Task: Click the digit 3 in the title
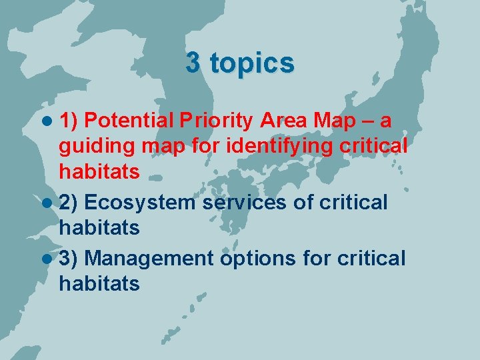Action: click(x=193, y=63)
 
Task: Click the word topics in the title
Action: click(x=251, y=64)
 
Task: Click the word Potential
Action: click(x=129, y=121)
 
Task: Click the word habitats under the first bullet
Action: click(x=99, y=172)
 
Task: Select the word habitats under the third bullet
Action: click(x=99, y=283)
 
